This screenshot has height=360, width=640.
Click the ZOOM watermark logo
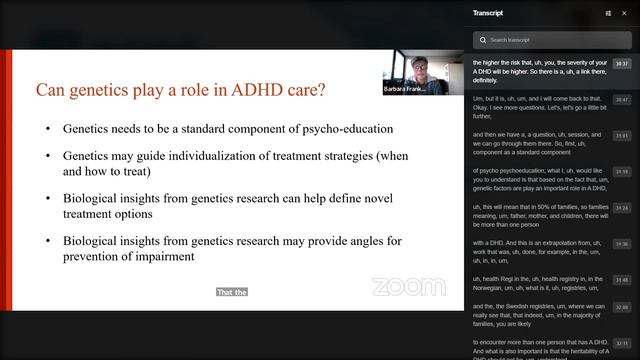[x=408, y=287]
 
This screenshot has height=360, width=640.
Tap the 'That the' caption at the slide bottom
[x=231, y=292]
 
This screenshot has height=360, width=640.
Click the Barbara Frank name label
[x=409, y=89]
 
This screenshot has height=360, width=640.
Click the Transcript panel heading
[x=489, y=13]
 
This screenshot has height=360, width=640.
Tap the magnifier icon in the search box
[x=484, y=40]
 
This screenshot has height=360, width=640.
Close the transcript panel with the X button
[x=625, y=13]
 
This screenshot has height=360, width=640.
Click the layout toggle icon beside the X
[x=608, y=13]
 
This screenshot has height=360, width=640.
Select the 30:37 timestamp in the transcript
[x=621, y=64]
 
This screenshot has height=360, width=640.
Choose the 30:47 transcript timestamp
[x=621, y=100]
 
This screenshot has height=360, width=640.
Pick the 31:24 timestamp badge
[x=621, y=208]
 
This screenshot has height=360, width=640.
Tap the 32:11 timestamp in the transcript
[x=621, y=343]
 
